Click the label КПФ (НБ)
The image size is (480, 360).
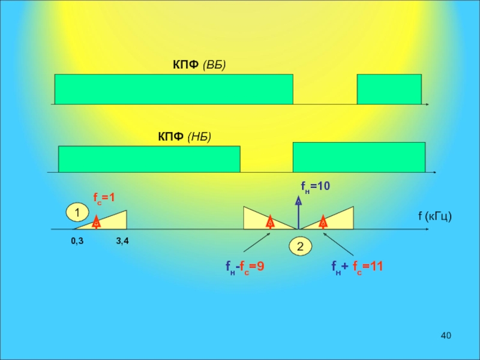(x=184, y=137)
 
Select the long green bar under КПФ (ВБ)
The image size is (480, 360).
(x=173, y=89)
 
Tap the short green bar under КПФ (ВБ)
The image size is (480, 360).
(x=389, y=89)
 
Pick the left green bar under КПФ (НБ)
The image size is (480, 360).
(x=149, y=159)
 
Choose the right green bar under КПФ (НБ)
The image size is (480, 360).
(x=359, y=157)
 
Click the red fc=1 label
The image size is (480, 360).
(x=103, y=197)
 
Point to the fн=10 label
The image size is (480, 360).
(x=315, y=187)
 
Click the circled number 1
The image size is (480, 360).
(x=76, y=212)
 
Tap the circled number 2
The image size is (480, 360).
(x=300, y=247)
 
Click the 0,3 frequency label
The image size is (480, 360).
(x=77, y=241)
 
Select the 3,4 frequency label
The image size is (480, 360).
(x=123, y=241)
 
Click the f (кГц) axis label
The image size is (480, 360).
(x=434, y=216)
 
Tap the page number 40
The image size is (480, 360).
(x=445, y=335)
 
